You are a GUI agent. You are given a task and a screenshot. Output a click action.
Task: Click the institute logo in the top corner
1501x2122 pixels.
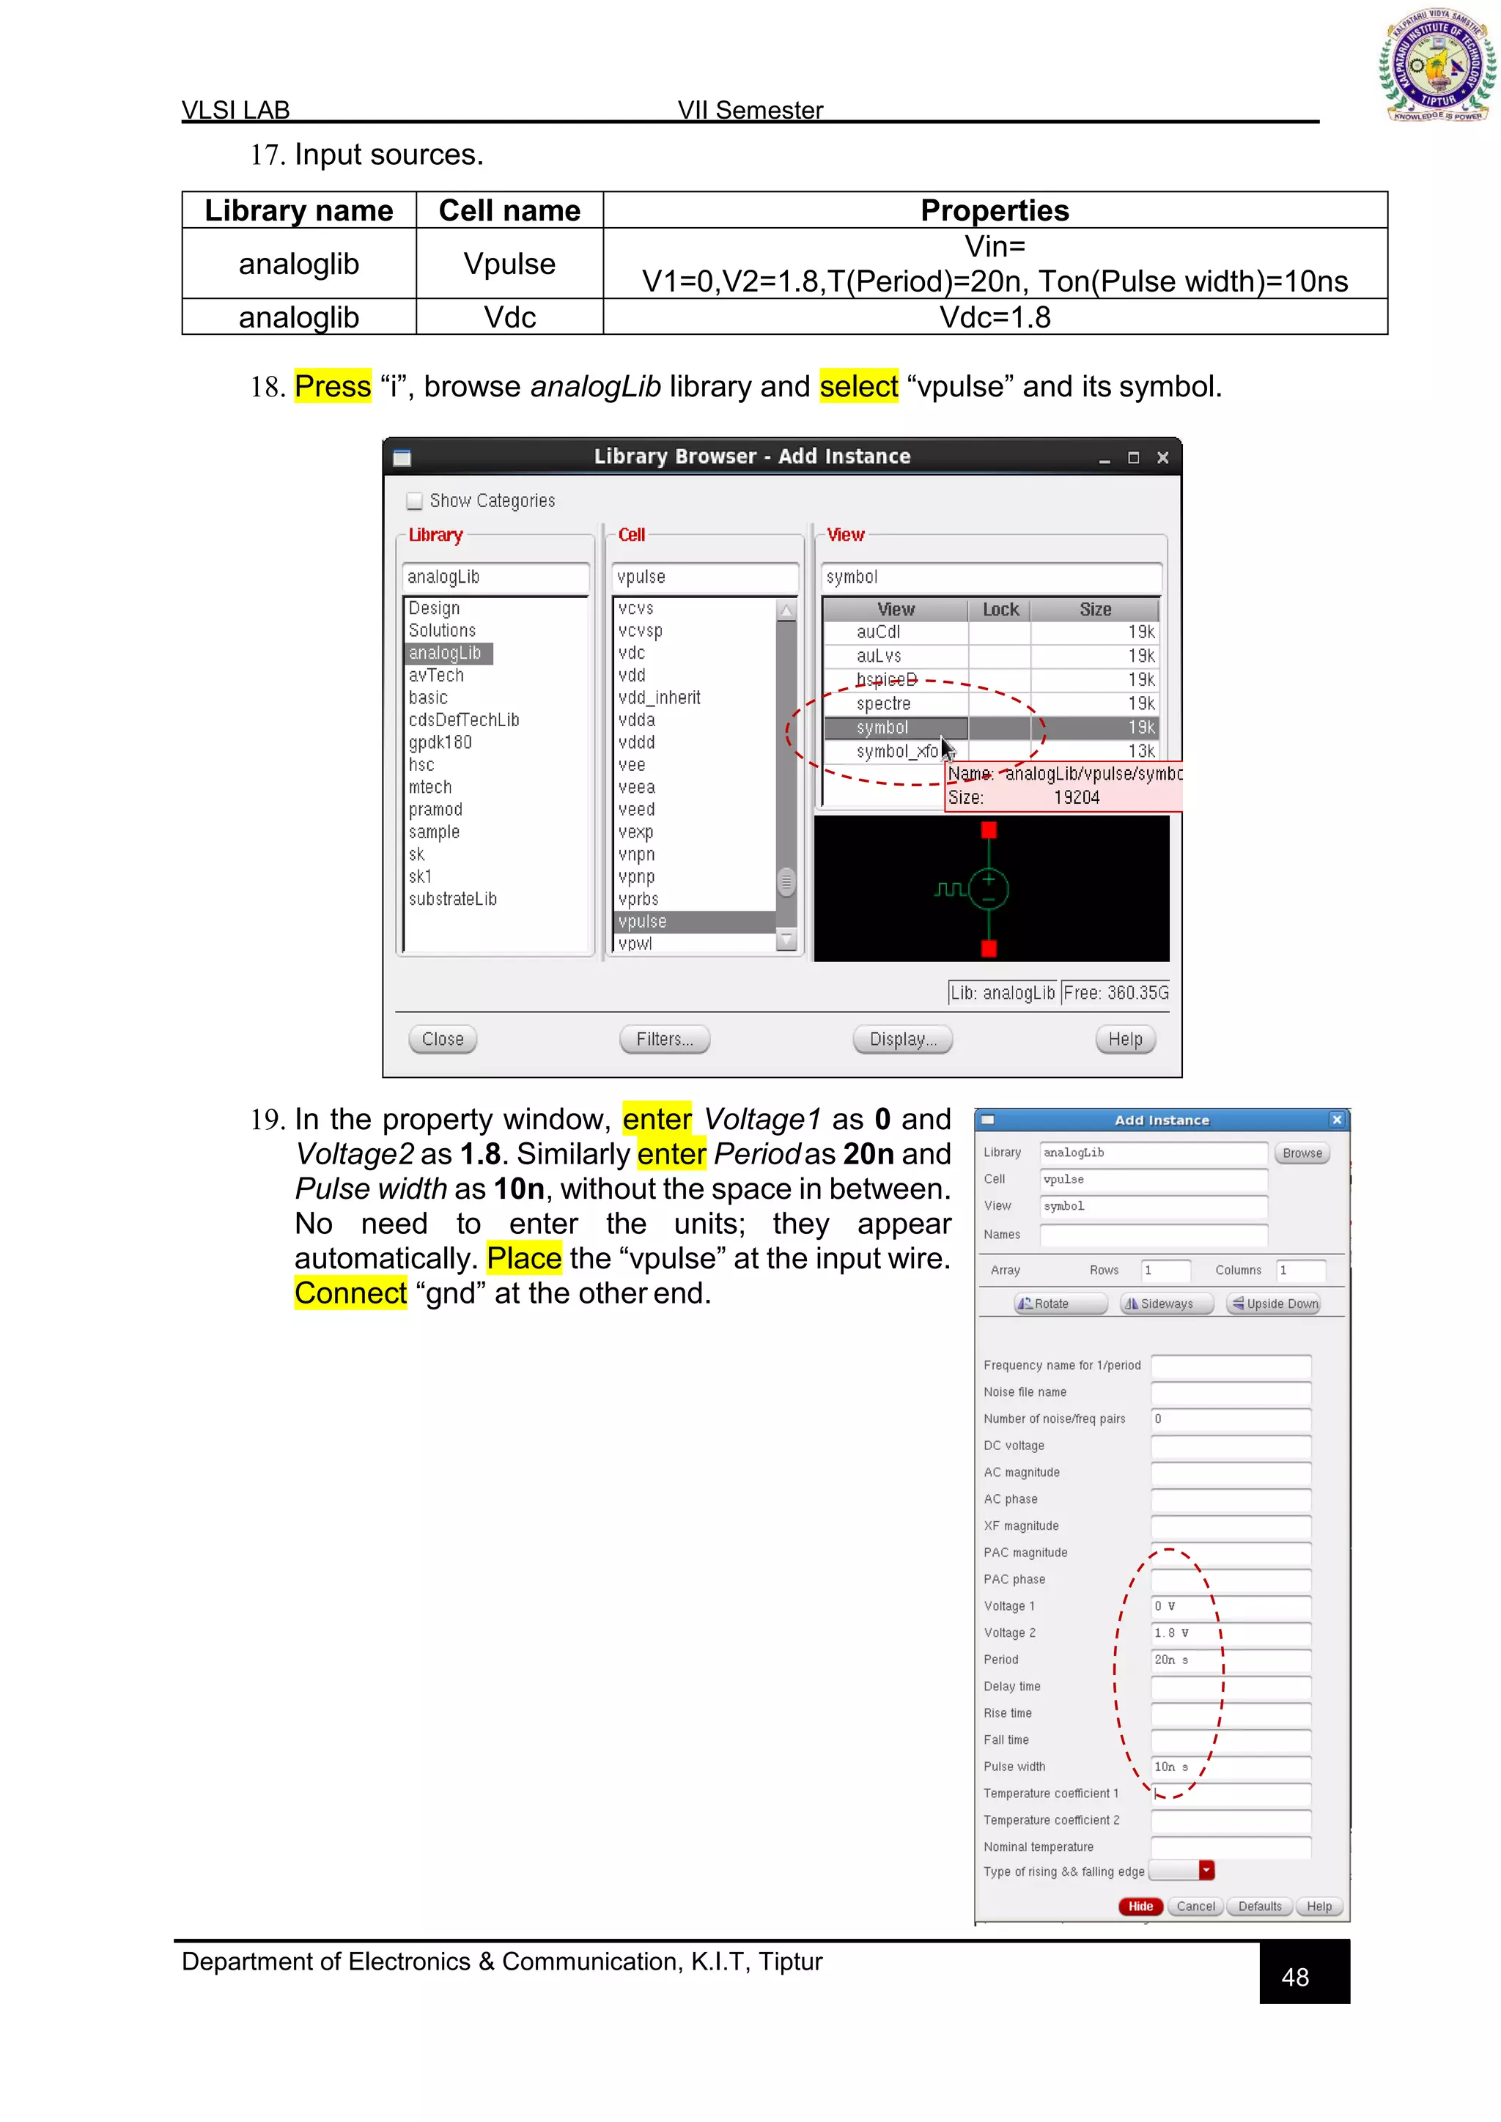(x=1437, y=64)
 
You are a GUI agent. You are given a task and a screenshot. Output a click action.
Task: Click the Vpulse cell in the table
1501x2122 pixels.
(x=509, y=265)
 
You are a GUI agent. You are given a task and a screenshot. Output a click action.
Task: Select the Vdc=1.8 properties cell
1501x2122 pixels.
(x=995, y=317)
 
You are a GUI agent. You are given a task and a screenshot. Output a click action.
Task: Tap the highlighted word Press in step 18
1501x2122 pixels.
(x=333, y=386)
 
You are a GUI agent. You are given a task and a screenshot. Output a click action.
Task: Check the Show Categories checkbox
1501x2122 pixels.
(x=415, y=501)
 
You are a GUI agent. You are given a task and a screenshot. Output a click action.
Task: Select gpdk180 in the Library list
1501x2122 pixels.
(x=440, y=742)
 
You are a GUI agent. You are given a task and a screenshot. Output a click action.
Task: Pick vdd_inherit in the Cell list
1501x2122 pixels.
(x=659, y=698)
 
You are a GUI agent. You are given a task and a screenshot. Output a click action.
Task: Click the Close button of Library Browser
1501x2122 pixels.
(x=443, y=1039)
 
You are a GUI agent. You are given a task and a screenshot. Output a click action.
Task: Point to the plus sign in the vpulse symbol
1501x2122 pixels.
(x=989, y=879)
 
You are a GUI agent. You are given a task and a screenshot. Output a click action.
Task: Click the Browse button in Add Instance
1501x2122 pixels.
(x=1302, y=1153)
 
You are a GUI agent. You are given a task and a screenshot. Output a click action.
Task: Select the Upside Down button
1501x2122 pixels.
(x=1274, y=1304)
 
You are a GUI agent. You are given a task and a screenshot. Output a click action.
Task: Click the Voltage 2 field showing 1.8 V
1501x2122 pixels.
(x=1229, y=1633)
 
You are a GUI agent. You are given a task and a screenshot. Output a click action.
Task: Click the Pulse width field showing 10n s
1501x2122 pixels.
(x=1229, y=1767)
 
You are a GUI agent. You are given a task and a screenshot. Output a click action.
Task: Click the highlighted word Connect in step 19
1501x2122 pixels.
(x=350, y=1293)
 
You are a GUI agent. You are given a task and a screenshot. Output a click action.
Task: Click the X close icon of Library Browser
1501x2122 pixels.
(x=1162, y=457)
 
